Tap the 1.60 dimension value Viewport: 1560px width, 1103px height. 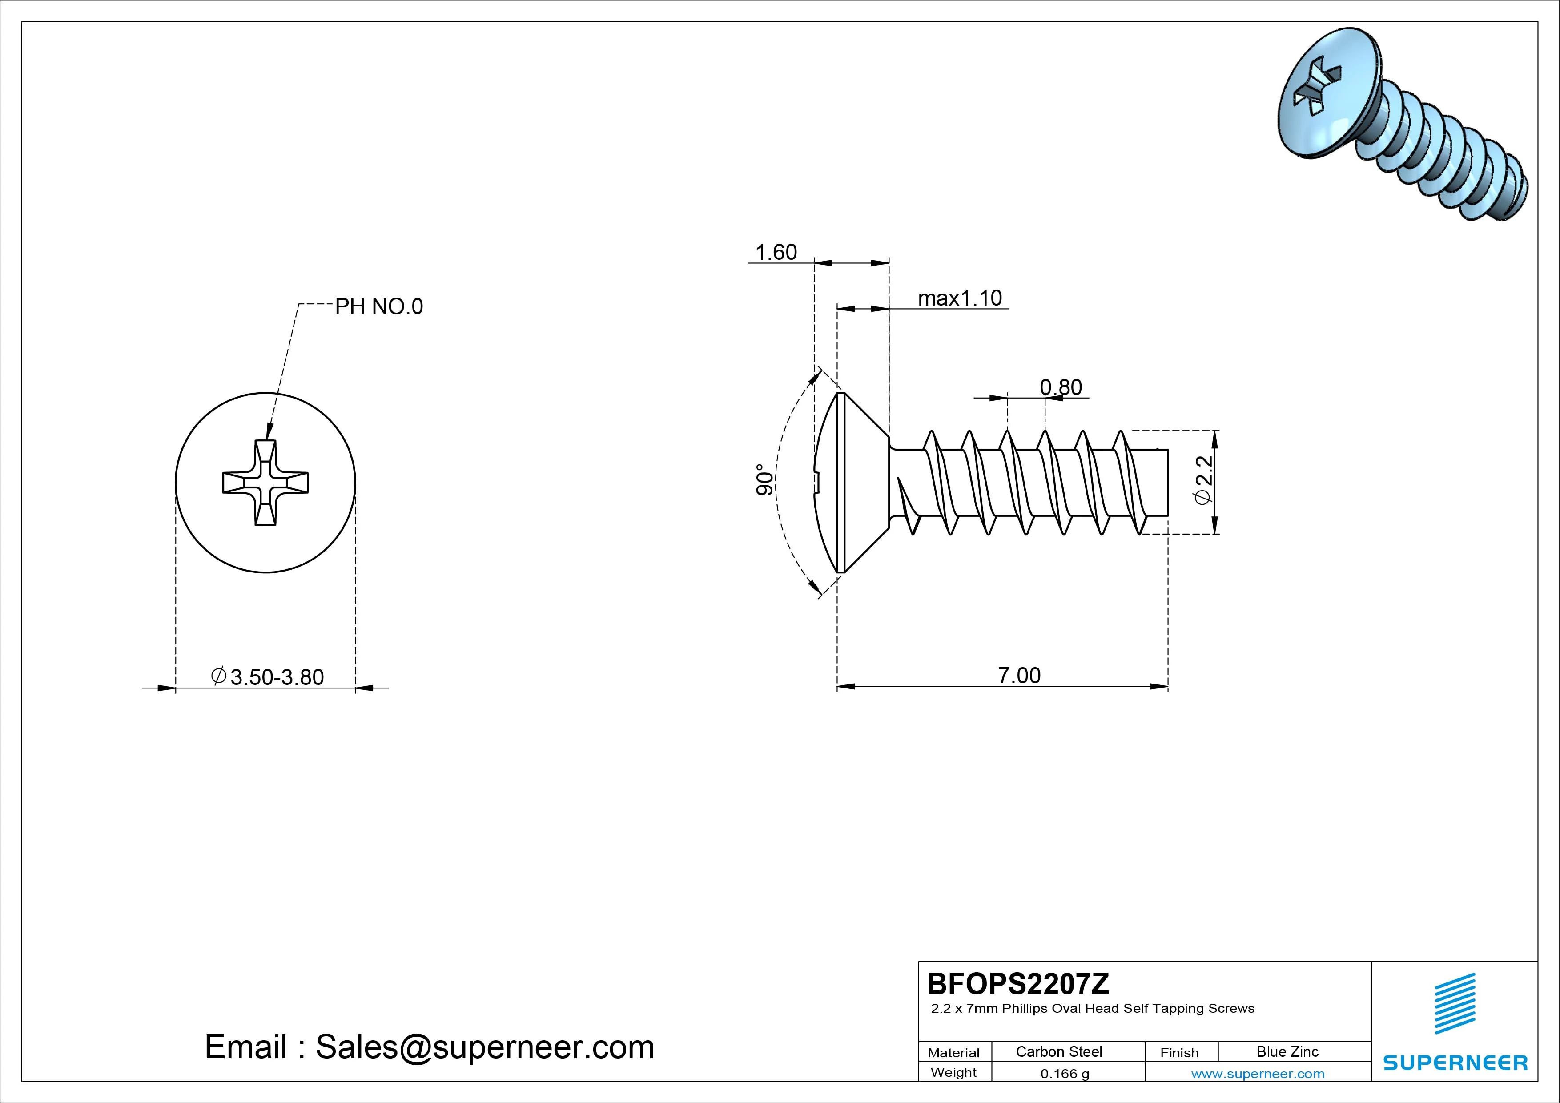point(776,252)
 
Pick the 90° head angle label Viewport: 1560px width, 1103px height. point(765,480)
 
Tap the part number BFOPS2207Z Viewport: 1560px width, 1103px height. point(1018,983)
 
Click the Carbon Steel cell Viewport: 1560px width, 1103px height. point(1058,1051)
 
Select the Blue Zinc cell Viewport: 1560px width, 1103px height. point(1287,1051)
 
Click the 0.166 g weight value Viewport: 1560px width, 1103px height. point(1065,1074)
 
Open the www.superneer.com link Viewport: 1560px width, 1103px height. point(1258,1074)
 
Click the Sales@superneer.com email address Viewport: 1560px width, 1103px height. point(484,1047)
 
